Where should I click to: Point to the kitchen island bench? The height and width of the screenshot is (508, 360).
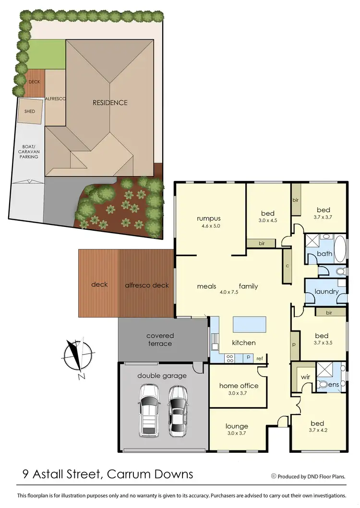coord(249,324)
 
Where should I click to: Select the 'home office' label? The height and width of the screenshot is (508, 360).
coord(239,385)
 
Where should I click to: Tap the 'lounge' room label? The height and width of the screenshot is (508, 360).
coord(237,425)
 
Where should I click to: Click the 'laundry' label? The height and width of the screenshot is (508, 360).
coord(327,292)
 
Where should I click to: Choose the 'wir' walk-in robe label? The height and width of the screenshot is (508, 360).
coord(305,377)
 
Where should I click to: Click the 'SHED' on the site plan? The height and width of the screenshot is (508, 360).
coord(30,111)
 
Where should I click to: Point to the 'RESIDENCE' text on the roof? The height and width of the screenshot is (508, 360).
coord(110,102)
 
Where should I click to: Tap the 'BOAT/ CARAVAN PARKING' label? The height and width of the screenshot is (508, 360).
coord(29,152)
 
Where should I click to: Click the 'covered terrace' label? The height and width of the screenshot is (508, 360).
coord(160,339)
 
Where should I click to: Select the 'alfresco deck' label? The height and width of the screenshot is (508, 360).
coord(147,285)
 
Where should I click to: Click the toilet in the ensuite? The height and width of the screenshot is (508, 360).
coord(323,384)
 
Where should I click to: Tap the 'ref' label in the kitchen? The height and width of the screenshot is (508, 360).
coord(260,358)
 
